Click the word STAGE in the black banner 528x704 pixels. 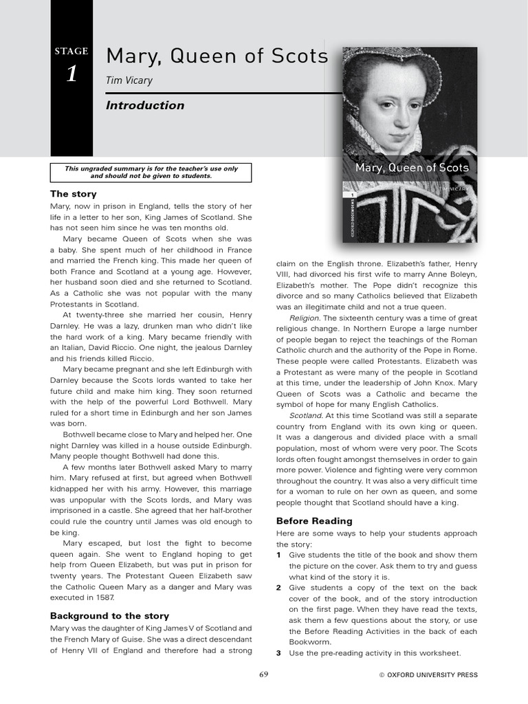[71, 51]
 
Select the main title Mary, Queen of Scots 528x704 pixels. [217, 56]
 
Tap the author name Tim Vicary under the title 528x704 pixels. [129, 81]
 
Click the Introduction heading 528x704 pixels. [145, 105]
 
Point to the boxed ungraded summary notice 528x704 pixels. [151, 172]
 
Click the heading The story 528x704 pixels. [74, 194]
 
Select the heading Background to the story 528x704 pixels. [109, 616]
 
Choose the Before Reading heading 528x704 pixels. [314, 520]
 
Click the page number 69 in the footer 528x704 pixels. [263, 675]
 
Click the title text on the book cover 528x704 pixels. [412, 168]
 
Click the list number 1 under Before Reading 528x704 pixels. [278, 555]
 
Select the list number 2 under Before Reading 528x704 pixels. [278, 588]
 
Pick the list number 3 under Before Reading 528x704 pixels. [278, 653]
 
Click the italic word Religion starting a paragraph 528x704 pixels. [305, 318]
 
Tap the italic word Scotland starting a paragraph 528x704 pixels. [305, 416]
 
